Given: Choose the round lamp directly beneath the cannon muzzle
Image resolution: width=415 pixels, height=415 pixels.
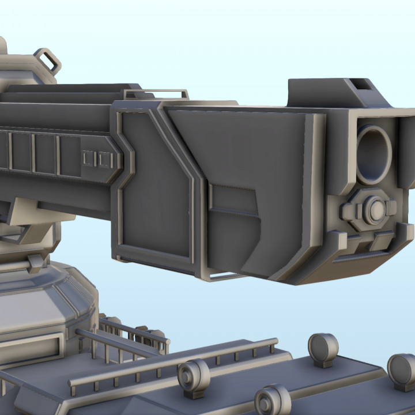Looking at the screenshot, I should tap(323, 348).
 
